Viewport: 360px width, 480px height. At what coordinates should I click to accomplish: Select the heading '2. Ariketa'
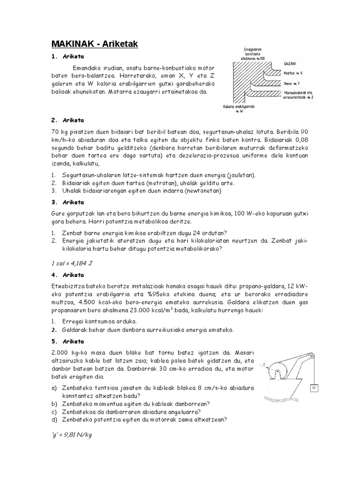[67, 120]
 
